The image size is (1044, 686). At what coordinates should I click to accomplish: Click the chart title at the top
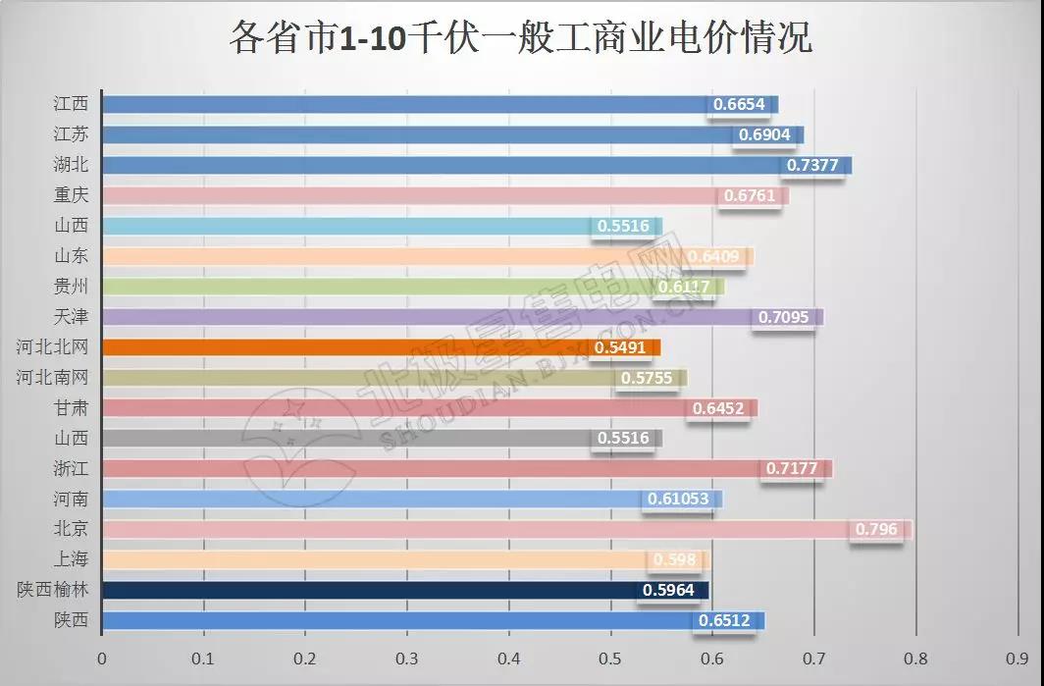click(x=521, y=39)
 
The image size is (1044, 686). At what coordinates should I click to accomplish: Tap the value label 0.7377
click(x=812, y=165)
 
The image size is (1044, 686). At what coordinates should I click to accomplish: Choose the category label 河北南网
click(x=52, y=378)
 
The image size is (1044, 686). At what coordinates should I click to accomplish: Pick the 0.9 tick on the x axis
click(x=1018, y=660)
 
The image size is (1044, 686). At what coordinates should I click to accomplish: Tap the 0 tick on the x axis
click(x=102, y=660)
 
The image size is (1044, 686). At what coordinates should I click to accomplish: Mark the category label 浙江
click(x=71, y=469)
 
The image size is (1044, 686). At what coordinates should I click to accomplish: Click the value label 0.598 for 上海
click(x=675, y=560)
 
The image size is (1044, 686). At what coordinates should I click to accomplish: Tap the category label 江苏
click(x=71, y=134)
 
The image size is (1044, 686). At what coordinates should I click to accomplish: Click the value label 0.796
click(x=876, y=530)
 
